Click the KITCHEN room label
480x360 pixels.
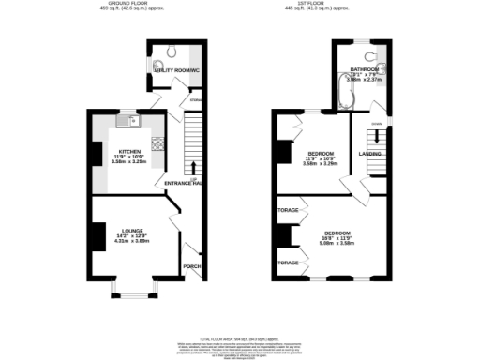pyautogui.click(x=130, y=152)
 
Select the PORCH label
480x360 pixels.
pyautogui.click(x=191, y=266)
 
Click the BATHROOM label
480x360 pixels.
pyautogui.click(x=365, y=70)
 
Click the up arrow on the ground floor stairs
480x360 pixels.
pyautogui.click(x=193, y=167)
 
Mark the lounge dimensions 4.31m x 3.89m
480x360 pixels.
pyautogui.click(x=130, y=240)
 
